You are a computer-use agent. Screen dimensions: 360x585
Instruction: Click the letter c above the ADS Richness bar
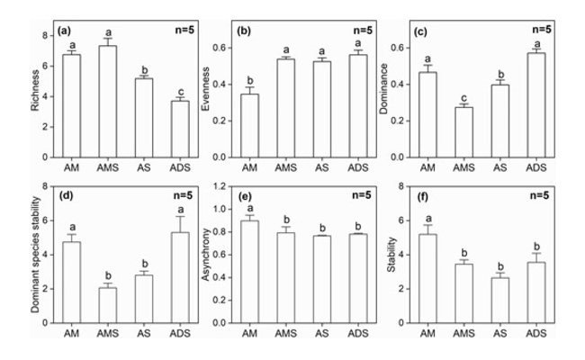click(180, 90)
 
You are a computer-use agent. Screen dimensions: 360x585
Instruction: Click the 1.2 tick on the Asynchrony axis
click(224, 187)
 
